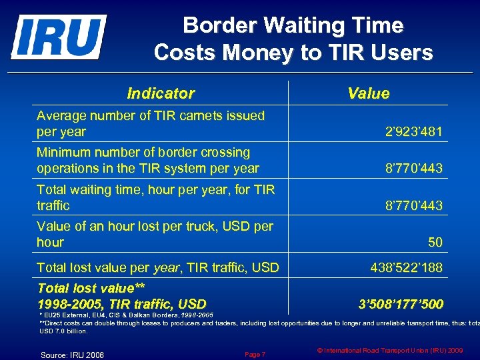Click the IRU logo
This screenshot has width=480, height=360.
click(x=58, y=37)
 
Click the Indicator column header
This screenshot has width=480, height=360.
click(x=161, y=93)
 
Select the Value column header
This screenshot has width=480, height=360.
click(x=368, y=93)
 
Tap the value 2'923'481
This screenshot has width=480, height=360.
click(x=413, y=132)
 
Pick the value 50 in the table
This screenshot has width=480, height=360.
click(x=435, y=243)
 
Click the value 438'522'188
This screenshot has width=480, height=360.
click(x=406, y=268)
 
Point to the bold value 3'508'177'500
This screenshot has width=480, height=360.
click(x=401, y=305)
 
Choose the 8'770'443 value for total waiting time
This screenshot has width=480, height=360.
click(x=413, y=206)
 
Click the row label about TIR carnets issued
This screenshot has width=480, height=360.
click(x=151, y=123)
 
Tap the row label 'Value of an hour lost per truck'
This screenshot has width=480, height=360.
click(x=155, y=234)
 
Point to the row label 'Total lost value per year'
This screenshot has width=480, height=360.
click(x=158, y=268)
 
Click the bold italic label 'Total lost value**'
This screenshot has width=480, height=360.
click(x=91, y=289)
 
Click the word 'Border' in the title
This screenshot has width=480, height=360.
click(x=219, y=25)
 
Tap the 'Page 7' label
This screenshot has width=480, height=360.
click(x=255, y=354)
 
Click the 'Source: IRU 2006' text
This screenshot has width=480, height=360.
click(x=73, y=355)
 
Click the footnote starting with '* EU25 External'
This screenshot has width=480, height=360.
click(x=127, y=313)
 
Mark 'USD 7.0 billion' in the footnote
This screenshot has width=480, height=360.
click(x=64, y=331)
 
